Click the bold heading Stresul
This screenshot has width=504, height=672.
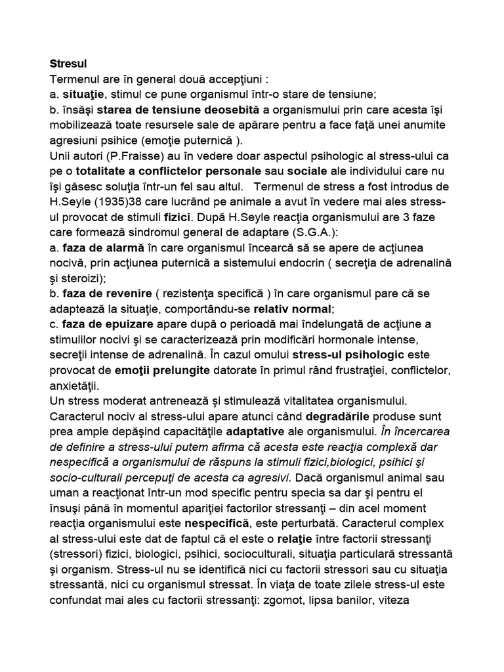point(68,64)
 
